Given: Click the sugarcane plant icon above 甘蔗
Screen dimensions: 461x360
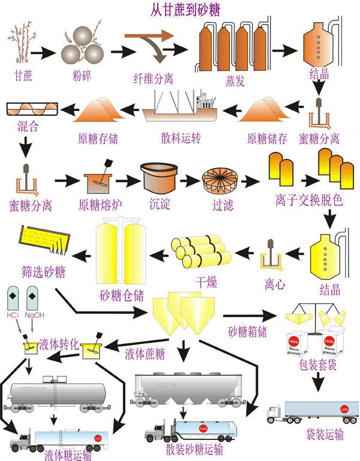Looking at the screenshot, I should (22, 44).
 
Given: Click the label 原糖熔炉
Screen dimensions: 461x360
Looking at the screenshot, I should (100, 205).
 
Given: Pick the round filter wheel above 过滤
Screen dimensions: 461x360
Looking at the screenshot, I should (221, 179).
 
